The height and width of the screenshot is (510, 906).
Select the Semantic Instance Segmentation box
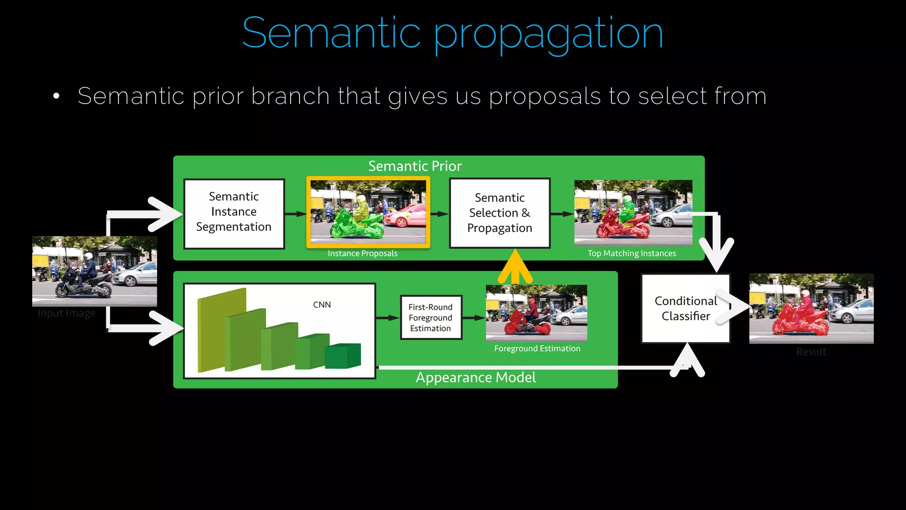tap(234, 213)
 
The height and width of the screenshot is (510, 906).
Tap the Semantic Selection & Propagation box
tap(499, 213)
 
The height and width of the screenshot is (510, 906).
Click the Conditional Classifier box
tap(685, 309)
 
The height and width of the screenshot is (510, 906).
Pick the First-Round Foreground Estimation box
tap(430, 318)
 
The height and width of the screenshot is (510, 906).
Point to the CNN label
tap(322, 305)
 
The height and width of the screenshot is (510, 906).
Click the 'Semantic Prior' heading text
tap(415, 166)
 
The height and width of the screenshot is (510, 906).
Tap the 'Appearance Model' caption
tap(476, 378)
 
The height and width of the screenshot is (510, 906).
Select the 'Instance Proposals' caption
tap(362, 253)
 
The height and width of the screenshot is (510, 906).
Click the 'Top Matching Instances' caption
tap(631, 253)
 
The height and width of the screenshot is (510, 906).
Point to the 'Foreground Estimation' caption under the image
tap(537, 348)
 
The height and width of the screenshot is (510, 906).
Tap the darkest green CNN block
tap(343, 356)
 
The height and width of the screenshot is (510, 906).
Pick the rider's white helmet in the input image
tap(88, 256)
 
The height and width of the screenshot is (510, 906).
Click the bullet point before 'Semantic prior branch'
tap(56, 96)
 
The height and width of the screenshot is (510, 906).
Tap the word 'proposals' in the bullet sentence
tap(545, 96)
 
